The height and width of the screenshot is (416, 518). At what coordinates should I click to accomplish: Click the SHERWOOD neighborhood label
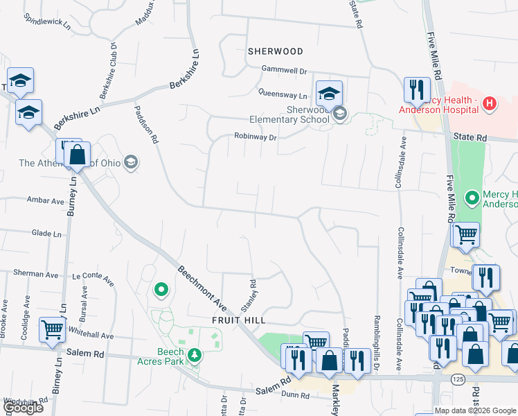[x=276, y=51]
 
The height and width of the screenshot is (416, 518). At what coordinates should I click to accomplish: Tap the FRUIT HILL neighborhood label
[x=240, y=321]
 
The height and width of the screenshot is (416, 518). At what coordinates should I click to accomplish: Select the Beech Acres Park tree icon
[x=195, y=356]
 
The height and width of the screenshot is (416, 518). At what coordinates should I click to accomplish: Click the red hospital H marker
[x=490, y=104]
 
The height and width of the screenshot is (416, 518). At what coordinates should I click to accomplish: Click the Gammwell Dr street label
[x=284, y=70]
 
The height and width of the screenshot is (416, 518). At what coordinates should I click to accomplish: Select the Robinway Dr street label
[x=255, y=137]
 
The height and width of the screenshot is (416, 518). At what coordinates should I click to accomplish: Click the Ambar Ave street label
[x=45, y=201]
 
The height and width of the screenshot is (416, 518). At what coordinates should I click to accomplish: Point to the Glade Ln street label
[x=46, y=234]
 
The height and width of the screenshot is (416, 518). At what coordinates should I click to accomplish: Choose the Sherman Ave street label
[x=23, y=274]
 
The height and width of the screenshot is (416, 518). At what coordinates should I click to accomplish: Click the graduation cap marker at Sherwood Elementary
[x=330, y=94]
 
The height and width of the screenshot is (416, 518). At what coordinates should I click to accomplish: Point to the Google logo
[x=23, y=408]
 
